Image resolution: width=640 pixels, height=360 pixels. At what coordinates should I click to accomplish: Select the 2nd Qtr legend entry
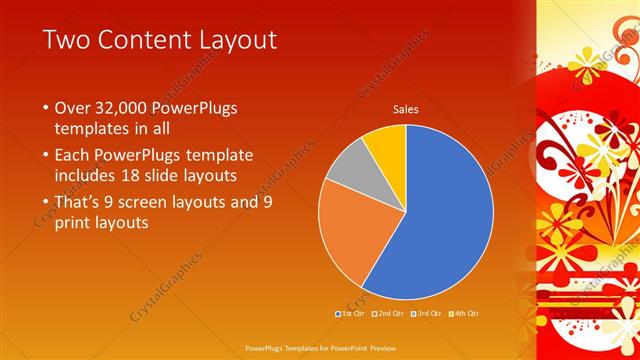pos(389,314)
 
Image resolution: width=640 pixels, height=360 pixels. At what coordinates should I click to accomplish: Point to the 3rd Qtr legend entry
pos(427,314)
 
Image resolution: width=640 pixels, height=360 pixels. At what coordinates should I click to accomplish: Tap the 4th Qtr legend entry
pos(466,314)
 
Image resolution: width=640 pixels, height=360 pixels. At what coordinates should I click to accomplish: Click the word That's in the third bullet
pos(79,201)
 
